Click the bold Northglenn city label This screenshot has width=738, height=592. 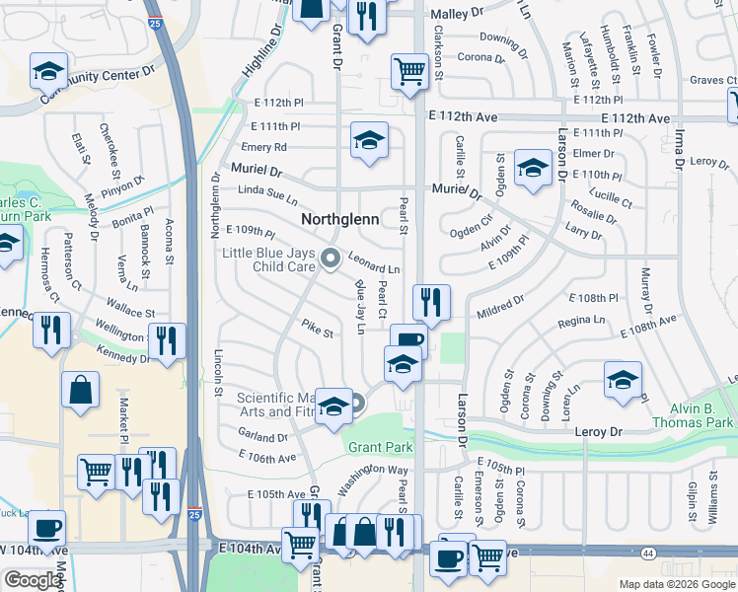(340, 218)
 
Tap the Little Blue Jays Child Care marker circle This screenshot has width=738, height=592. (330, 259)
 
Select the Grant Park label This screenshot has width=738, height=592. (380, 447)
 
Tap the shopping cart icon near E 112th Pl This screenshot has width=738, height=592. (408, 71)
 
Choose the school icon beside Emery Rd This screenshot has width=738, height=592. (369, 142)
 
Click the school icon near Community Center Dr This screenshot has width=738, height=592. (46, 71)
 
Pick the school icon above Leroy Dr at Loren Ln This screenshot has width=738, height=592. (623, 380)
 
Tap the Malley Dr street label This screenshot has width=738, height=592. (457, 15)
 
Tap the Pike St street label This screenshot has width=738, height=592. (318, 328)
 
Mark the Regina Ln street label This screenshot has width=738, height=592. (581, 321)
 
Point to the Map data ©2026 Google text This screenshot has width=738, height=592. (675, 584)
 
